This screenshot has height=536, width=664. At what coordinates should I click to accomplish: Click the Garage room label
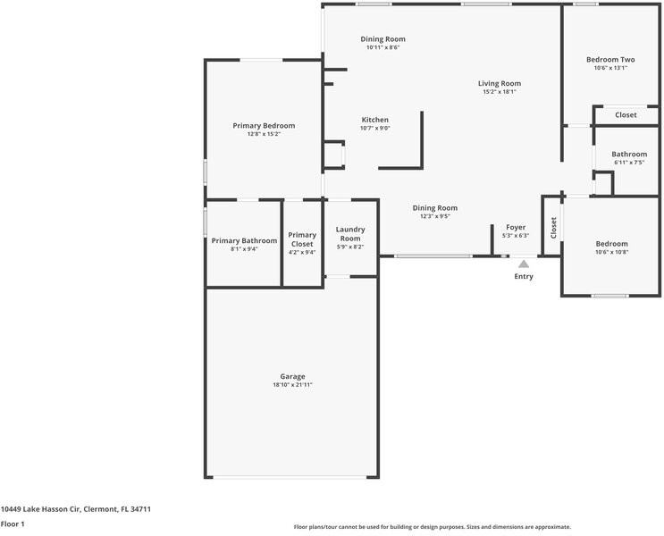[292, 376]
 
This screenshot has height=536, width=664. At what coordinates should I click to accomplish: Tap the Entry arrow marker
[524, 264]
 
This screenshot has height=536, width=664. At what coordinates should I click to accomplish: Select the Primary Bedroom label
[264, 126]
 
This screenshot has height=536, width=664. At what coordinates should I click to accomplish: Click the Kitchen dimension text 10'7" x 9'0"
[374, 128]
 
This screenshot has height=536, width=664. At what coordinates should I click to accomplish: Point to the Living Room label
[500, 83]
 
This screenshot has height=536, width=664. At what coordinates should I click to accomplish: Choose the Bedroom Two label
[610, 59]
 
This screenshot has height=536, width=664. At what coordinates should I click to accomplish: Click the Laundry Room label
[350, 234]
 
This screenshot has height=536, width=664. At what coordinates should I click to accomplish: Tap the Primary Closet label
[302, 239]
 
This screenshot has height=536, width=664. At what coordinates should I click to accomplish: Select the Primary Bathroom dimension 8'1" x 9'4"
[244, 249]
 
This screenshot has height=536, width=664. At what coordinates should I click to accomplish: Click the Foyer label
[516, 227]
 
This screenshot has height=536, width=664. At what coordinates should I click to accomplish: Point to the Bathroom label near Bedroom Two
[629, 154]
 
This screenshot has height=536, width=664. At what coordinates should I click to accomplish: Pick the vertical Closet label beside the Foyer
[553, 228]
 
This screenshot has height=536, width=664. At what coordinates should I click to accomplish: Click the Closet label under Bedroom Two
[626, 114]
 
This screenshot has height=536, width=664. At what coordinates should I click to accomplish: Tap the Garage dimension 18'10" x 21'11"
[292, 385]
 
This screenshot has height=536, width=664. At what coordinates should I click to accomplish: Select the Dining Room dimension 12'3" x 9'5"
[434, 216]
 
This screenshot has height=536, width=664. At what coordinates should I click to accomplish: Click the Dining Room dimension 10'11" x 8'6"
[382, 47]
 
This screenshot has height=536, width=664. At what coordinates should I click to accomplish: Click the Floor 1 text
[13, 523]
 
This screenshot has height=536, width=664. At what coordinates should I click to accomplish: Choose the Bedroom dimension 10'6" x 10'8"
[611, 252]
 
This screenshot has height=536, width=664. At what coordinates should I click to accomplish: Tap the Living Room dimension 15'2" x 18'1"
[500, 92]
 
